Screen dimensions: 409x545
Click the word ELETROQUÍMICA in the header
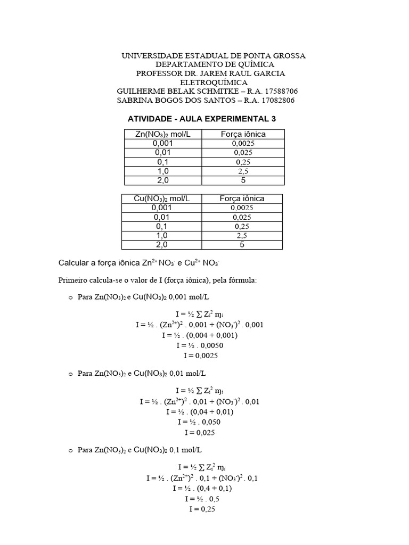coord(214,82)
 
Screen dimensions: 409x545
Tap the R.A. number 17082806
coord(275,101)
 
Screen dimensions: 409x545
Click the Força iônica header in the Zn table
coord(243,134)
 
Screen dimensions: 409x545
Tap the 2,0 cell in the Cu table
coord(161,245)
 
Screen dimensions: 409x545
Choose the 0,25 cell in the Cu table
coord(242,226)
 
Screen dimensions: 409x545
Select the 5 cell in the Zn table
coord(243,180)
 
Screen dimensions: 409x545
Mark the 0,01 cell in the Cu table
coord(161,217)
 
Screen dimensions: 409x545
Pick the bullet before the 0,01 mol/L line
coord(70,375)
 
